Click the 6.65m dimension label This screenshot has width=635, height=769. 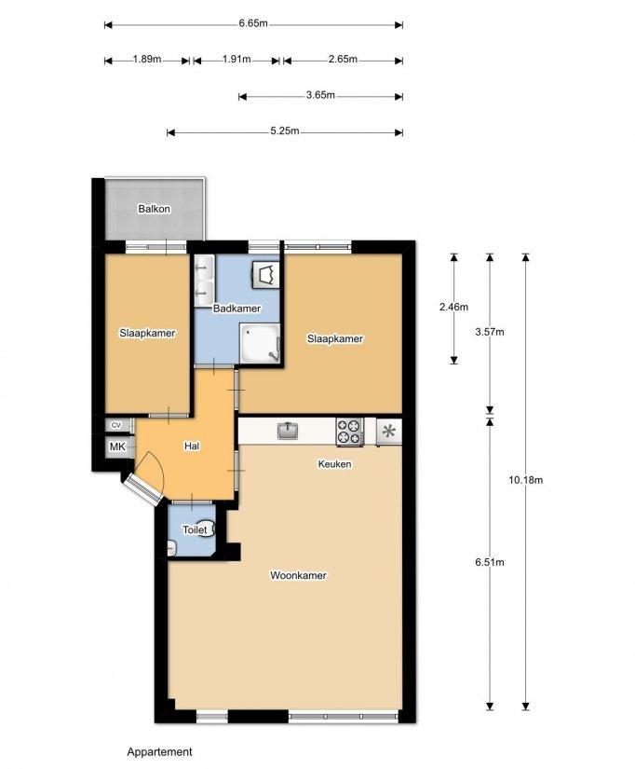253,23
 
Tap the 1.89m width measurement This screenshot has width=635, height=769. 147,60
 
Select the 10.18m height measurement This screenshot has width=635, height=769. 526,480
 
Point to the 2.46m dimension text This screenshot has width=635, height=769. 453,307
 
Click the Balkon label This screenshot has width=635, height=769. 155,209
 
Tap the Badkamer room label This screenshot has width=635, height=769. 236,309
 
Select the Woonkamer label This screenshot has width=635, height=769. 298,575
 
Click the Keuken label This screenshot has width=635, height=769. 334,464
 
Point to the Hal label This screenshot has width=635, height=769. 192,446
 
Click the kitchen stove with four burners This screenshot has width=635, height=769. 350,432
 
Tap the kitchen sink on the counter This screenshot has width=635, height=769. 289,431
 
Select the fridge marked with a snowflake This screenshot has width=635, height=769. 389,432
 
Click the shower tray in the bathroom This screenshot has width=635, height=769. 260,343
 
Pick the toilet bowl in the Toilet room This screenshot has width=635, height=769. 205,529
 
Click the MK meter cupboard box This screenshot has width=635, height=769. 118,446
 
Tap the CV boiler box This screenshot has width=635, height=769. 117,425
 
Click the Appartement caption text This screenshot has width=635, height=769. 160,752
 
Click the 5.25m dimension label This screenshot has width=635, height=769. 285,130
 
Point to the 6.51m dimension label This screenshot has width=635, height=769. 490,562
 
